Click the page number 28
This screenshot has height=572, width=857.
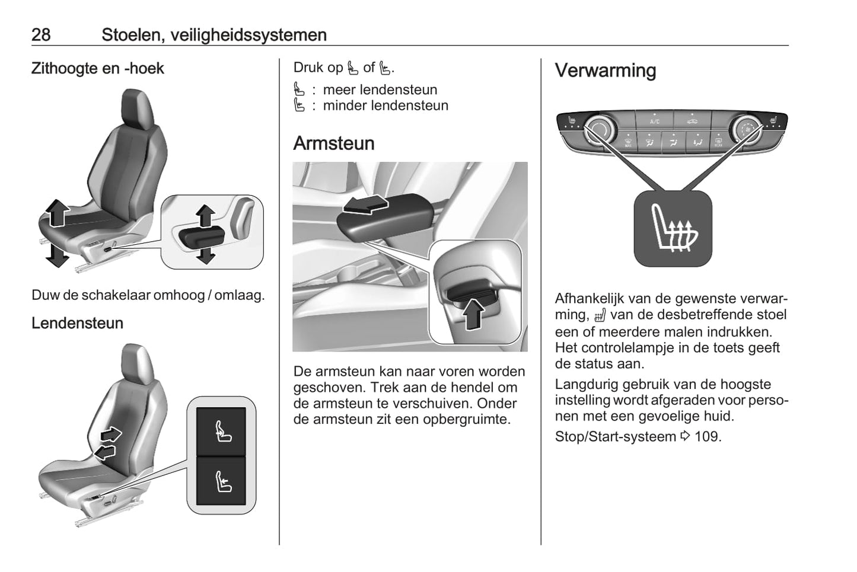41,35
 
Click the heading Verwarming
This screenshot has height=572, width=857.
606,71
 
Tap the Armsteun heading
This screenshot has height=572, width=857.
334,143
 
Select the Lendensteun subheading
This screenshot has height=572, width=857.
77,323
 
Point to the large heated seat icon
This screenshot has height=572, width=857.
673,228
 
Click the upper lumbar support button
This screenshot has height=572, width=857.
222,430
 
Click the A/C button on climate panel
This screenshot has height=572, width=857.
655,120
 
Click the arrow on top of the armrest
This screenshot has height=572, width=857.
366,205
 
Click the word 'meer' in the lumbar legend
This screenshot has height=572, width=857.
339,90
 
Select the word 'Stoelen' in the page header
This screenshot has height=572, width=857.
132,35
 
